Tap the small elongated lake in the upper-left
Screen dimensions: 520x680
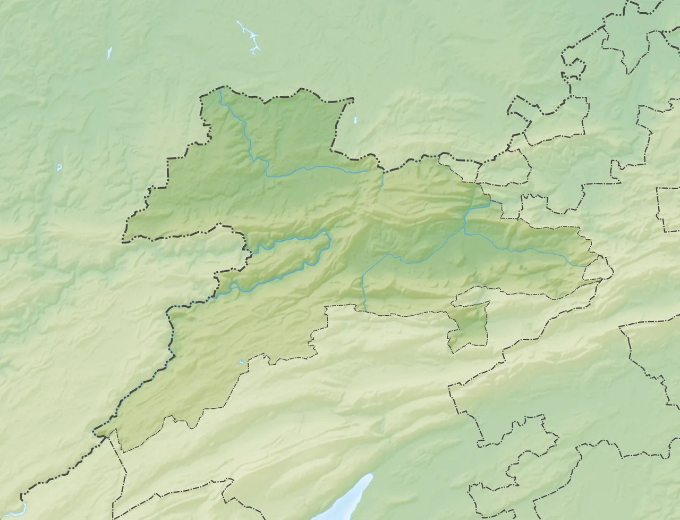click(x=109, y=52)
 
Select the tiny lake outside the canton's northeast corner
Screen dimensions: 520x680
click(x=355, y=120)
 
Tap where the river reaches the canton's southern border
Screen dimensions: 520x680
click(x=365, y=310)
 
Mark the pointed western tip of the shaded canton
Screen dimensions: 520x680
click(x=124, y=240)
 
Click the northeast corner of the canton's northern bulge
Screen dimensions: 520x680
click(x=352, y=99)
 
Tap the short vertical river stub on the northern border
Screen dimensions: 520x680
click(x=382, y=179)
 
